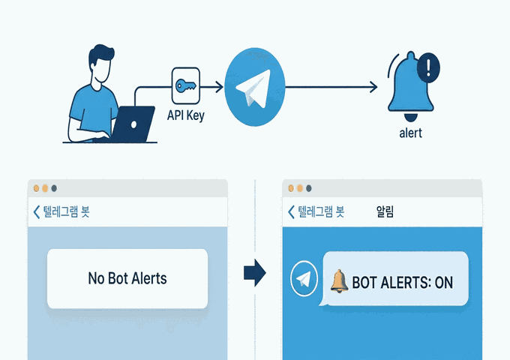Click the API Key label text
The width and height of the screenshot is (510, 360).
(185, 116)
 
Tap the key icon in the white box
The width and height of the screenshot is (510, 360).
(185, 87)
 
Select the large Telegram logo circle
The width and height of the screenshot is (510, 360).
(255, 87)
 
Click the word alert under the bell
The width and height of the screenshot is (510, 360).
(410, 133)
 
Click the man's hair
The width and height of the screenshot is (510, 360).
(100, 56)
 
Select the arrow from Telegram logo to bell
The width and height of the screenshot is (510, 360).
(330, 88)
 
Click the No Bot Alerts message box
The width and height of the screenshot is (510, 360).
(127, 278)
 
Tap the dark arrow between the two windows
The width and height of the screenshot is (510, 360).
(256, 274)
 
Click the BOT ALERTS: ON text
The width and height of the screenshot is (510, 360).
(402, 281)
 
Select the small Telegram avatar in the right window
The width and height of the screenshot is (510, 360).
(304, 278)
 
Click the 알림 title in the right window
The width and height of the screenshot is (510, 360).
(385, 211)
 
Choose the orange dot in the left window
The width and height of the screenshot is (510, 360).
(44, 188)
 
